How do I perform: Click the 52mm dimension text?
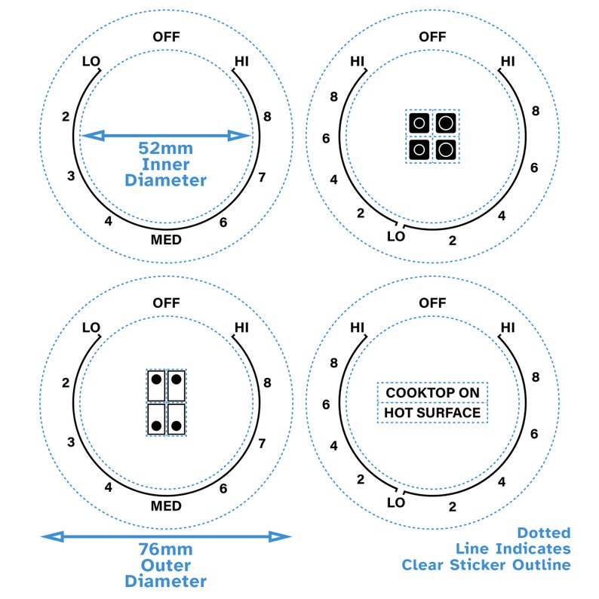coord(165,148)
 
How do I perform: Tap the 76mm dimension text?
coord(165,549)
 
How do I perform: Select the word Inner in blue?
coord(165,164)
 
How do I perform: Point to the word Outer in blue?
coord(165,565)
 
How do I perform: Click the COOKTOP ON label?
coord(432,392)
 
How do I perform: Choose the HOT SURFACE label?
coord(432,413)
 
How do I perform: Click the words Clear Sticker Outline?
coord(486,564)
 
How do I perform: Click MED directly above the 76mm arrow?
coord(166,505)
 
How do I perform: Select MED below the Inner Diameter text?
coord(166,240)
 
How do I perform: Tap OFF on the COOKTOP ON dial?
coord(432,303)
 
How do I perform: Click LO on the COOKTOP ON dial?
coord(396,502)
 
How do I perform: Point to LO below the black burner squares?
coord(396,236)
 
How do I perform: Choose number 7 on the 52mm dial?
coord(262,178)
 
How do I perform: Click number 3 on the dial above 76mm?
coord(70,442)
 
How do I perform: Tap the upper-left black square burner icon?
coord(419,122)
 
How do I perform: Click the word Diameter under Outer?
coord(165,581)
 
